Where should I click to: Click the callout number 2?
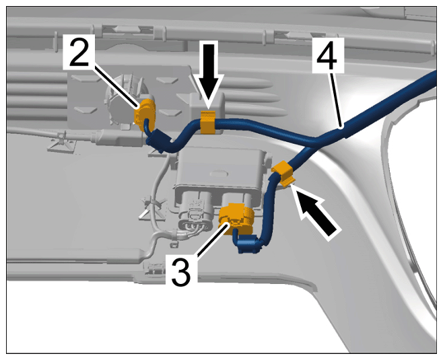pyautogui.click(x=79, y=51)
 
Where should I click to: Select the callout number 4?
pyautogui.click(x=328, y=55)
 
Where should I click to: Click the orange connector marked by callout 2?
pyautogui.click(x=144, y=114)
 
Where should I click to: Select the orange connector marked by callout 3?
pyautogui.click(x=237, y=218)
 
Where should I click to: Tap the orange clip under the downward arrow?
pyautogui.click(x=207, y=122)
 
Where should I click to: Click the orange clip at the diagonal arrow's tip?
pyautogui.click(x=283, y=173)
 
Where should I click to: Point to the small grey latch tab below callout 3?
pyautogui.click(x=154, y=268)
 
